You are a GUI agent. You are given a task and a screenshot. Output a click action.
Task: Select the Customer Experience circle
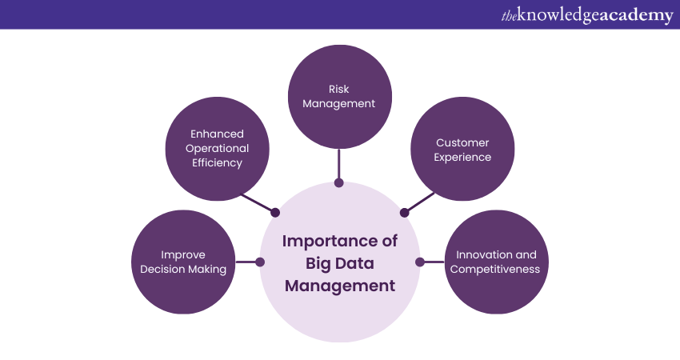coord(462,150)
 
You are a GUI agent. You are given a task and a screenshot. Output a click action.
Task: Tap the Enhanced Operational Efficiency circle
coord(217,149)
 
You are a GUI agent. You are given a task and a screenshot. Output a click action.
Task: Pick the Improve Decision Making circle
coord(182,262)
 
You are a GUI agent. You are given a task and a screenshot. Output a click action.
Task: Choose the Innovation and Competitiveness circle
coord(495,262)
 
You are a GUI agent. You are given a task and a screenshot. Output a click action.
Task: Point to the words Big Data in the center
coord(339,263)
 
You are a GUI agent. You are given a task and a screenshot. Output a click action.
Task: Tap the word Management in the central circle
coord(339,286)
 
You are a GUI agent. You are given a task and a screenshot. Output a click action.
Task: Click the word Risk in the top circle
coord(339,90)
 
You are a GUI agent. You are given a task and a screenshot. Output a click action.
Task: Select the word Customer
coord(462,142)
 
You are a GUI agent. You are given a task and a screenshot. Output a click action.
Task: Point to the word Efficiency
coord(217,162)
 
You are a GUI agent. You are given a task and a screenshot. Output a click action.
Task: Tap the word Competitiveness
coord(495,270)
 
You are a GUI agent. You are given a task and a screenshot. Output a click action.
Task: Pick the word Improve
coord(183,254)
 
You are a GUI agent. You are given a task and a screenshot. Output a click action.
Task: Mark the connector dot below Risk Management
coord(339,183)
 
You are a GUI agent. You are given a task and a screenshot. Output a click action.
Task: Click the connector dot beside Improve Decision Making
coord(259,262)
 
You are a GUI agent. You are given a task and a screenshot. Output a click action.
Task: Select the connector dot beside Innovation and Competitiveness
coord(419,262)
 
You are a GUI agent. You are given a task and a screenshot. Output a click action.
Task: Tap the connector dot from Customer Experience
coord(404,213)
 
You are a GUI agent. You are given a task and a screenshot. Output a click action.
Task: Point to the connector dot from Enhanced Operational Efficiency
coord(275,213)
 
